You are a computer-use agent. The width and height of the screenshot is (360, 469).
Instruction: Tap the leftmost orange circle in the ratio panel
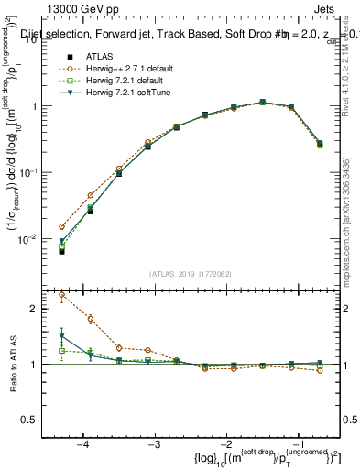pos(61,295)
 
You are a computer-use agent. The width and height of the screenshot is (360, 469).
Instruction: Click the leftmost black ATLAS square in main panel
pos(61,250)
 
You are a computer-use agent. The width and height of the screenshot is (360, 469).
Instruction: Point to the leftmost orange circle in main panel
pos(61,226)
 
